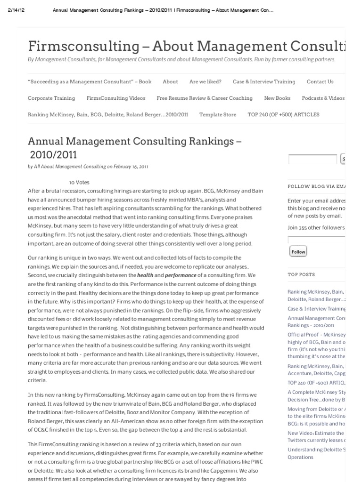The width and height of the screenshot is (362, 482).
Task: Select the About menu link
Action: [170, 81]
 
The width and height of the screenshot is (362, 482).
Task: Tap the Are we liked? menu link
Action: [205, 81]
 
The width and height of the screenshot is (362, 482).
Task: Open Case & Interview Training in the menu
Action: [263, 81]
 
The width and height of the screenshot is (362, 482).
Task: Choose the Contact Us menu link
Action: [320, 81]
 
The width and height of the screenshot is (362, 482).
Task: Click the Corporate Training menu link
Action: [51, 98]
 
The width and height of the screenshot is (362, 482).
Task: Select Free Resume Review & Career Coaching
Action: [205, 98]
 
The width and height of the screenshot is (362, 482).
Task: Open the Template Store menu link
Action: [218, 114]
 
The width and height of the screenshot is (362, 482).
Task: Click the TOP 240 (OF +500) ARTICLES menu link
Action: [283, 114]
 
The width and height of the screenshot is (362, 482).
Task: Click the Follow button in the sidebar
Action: [298, 252]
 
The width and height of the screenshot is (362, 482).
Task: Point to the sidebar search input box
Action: [313, 159]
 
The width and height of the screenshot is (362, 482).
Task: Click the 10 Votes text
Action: [79, 182]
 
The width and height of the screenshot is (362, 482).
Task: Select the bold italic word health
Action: [145, 275]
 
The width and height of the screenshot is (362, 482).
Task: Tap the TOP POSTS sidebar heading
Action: [301, 274]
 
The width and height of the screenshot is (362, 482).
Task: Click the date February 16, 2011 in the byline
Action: [131, 166]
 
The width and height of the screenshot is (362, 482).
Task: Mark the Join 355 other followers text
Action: [316, 228]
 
